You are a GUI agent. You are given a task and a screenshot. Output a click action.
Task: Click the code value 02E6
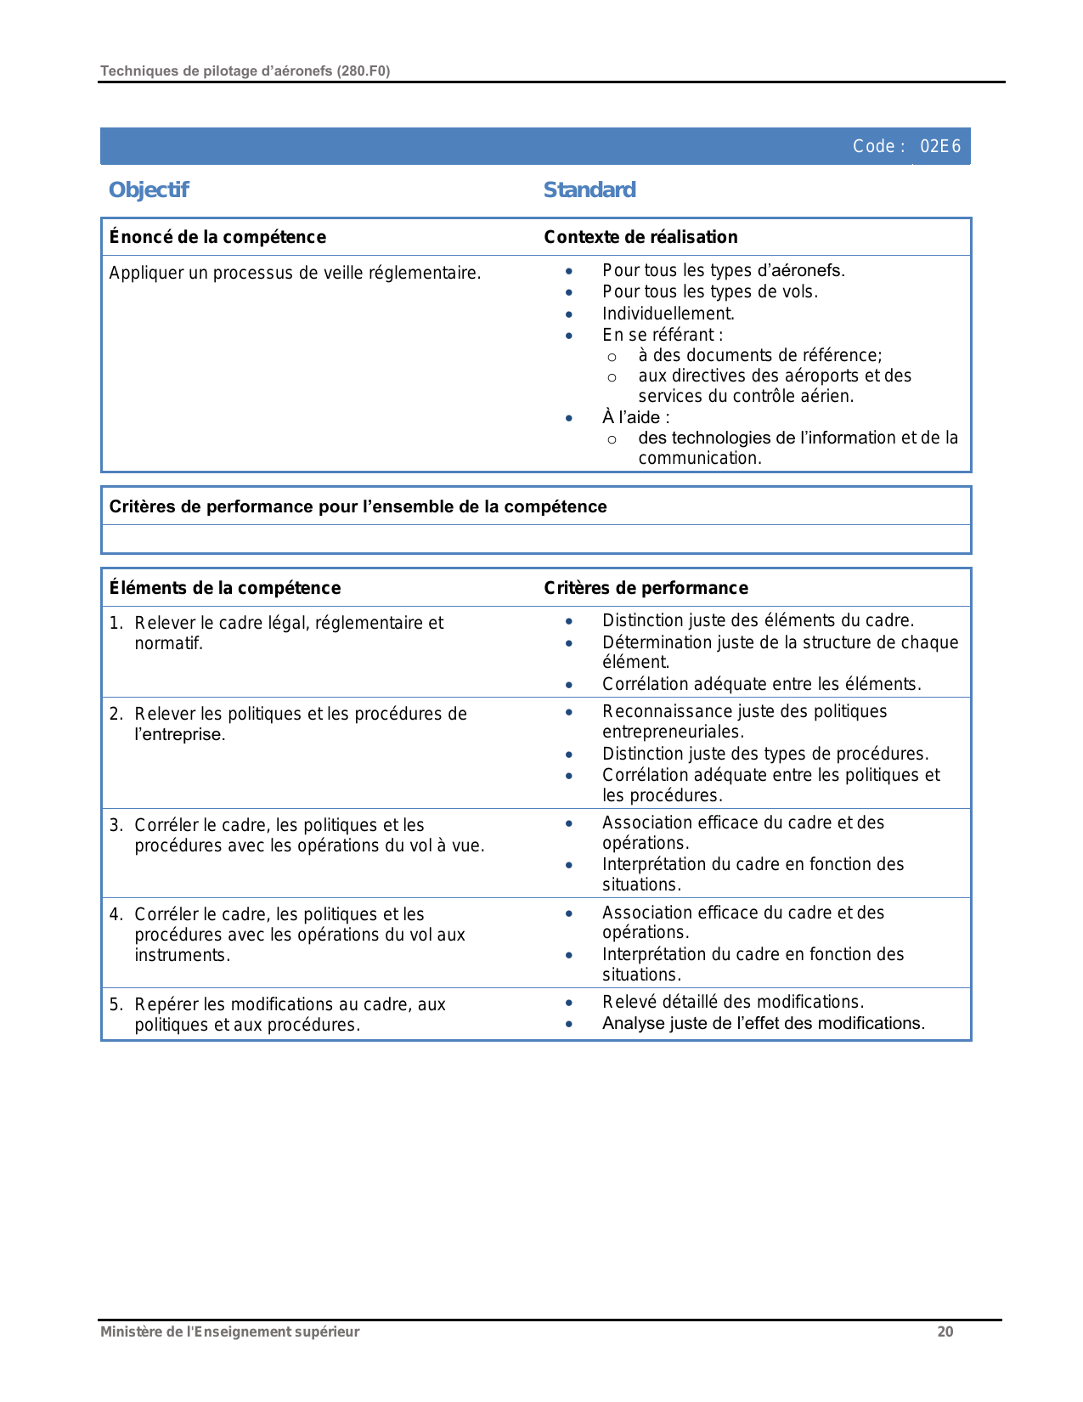[940, 146]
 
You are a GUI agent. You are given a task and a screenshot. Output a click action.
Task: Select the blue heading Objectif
[149, 189]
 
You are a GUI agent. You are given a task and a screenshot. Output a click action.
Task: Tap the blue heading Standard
[589, 189]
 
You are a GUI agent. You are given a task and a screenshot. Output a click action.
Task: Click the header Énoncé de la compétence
[217, 237]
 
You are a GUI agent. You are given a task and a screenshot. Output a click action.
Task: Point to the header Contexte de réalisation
[640, 237]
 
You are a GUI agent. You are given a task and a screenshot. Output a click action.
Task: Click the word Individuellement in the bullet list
[668, 314]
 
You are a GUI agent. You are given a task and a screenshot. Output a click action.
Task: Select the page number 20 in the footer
[945, 1331]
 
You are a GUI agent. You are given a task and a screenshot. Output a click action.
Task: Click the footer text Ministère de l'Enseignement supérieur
[230, 1331]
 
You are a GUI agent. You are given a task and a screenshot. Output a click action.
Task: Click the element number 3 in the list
[116, 825]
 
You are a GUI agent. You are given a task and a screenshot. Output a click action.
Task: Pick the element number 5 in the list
[116, 1004]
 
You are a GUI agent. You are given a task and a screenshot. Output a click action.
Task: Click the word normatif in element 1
[168, 643]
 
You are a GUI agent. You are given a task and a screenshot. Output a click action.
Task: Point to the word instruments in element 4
[182, 955]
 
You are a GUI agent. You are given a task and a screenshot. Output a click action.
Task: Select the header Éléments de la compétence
[225, 588]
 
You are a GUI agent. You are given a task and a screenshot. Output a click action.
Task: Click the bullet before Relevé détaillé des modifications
[569, 1003]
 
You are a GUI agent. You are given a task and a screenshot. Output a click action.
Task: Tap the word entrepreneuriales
[673, 732]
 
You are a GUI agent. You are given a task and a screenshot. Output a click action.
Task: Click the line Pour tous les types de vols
[710, 291]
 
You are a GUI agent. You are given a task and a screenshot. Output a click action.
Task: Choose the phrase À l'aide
[635, 417]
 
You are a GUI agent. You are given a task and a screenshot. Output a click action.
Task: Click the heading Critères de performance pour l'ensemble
[358, 506]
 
